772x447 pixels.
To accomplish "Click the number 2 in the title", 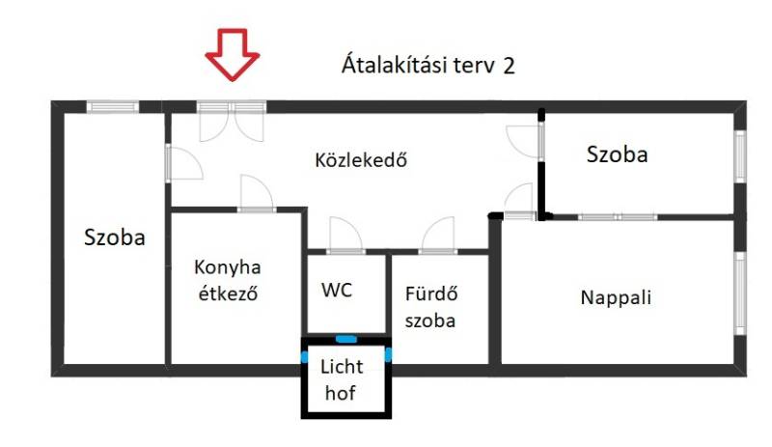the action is coord(509,66).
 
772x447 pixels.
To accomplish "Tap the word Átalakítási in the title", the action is coord(393,64).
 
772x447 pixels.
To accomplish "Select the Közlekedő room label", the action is coord(361,160).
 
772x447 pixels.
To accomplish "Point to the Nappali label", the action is coord(616,297).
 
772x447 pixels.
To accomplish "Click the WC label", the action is coord(337,290).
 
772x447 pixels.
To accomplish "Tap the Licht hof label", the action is coord(342,379).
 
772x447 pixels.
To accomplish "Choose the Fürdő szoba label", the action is coord(430,307).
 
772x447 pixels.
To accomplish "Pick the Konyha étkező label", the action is coord(228,280).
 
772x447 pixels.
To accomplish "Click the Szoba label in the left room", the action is coord(115,237).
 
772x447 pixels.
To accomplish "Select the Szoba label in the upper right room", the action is coord(617,154).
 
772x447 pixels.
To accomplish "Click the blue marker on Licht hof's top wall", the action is coord(346,339).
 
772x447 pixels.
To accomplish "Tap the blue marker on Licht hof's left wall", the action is coord(304,356).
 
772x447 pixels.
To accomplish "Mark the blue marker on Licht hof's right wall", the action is coord(389,354).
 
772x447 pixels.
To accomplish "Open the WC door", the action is coord(345,236).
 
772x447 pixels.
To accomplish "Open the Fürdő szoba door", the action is coord(438,236).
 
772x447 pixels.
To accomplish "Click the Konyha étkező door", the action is coord(257,194).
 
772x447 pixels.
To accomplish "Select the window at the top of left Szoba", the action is coord(113,106).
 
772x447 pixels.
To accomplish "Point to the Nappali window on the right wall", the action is coord(740,293).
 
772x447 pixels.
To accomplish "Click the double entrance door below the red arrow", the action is coord(232,122).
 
